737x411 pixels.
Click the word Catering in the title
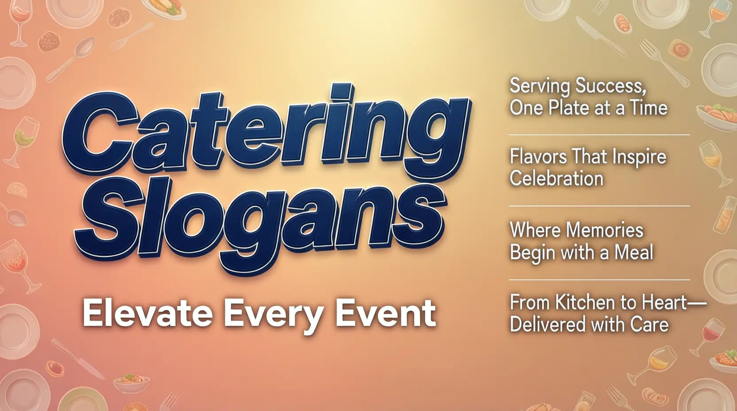[266, 133]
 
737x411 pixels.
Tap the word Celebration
[556, 179]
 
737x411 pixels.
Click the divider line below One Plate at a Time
[599, 135]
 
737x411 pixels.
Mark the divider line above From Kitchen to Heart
[599, 280]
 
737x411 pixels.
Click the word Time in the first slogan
[649, 108]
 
